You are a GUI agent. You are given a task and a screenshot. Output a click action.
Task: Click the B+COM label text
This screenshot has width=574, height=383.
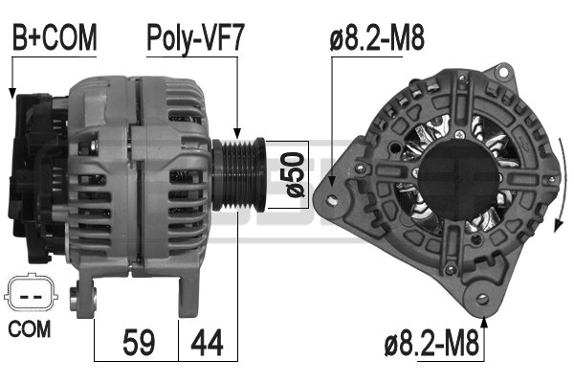[x=55, y=37]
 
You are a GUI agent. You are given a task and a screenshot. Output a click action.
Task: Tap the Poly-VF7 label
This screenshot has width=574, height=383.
[x=195, y=38]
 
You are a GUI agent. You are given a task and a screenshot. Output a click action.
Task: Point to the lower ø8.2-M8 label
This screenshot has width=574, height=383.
[x=432, y=343]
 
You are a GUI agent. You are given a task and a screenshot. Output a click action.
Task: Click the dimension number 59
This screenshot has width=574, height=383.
[x=139, y=343]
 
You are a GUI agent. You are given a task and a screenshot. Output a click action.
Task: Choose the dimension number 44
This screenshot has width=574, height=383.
[x=207, y=343]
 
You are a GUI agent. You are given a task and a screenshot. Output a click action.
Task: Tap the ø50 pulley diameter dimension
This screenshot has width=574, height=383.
[x=294, y=174]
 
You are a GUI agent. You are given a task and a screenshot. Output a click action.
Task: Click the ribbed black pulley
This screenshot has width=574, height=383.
[x=238, y=174]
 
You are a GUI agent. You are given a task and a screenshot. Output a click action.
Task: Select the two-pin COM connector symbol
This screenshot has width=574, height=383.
[x=31, y=294]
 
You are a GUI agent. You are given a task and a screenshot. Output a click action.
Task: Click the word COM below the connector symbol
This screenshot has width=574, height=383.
[x=30, y=328]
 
